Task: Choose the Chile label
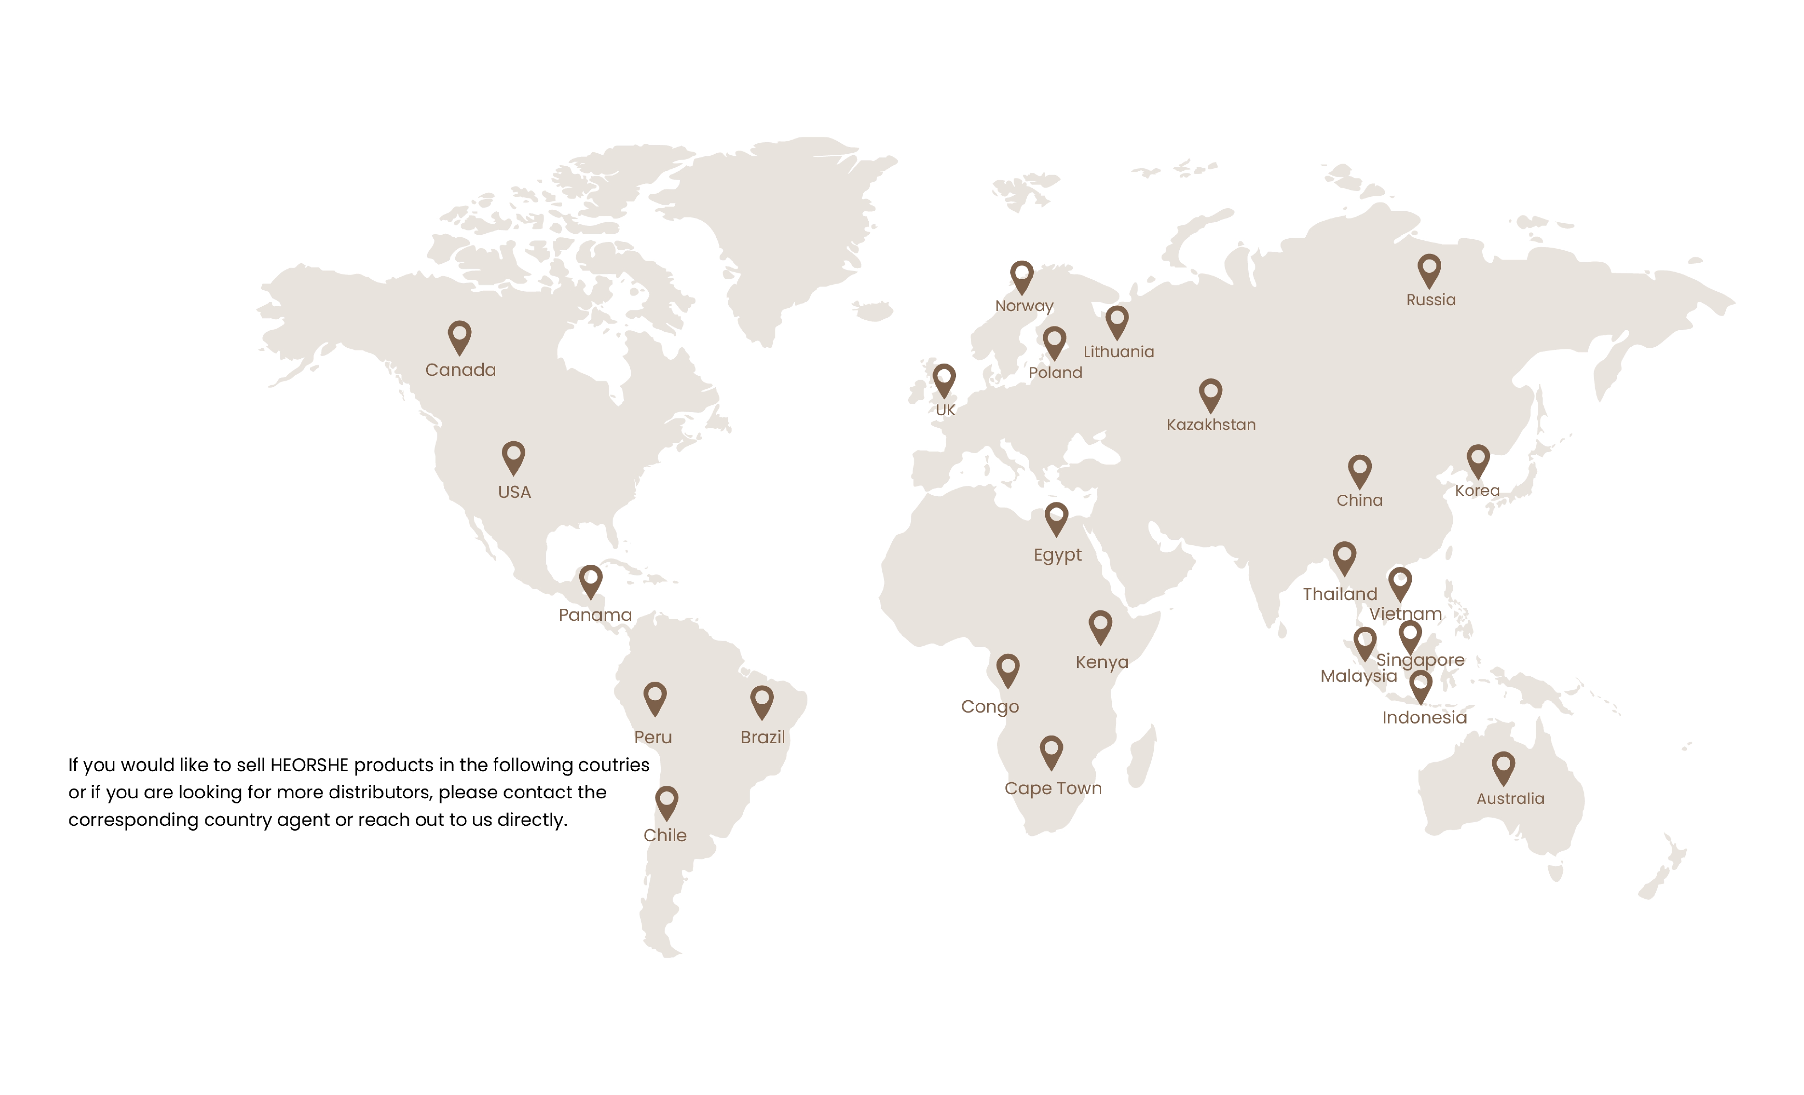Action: point(665,835)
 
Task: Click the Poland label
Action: point(1055,373)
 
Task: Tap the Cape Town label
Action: point(1053,788)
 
